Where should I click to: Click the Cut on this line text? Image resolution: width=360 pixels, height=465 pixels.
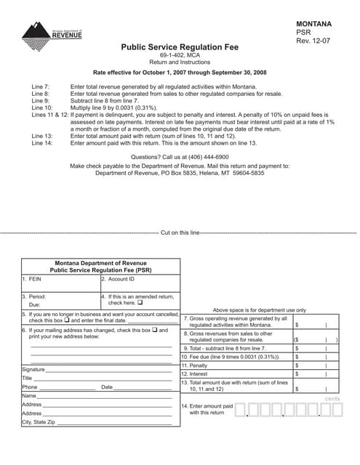[180, 232]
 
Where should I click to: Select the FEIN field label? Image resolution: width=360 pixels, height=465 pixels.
[33, 278]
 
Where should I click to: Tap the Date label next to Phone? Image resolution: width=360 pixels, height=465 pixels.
[107, 387]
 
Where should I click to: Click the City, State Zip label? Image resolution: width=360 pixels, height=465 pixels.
[38, 421]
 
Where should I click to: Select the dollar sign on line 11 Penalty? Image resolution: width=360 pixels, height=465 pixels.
[297, 365]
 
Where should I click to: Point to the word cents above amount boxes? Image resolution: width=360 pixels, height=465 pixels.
[332, 399]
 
